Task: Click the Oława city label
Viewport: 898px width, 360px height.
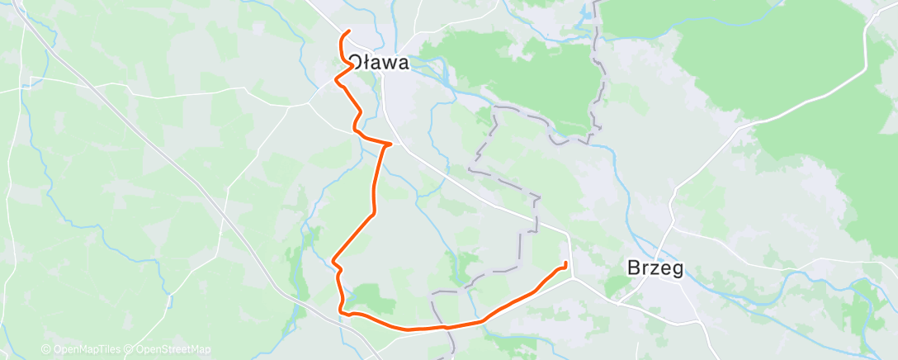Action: click(x=378, y=61)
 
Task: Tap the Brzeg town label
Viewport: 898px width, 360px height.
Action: click(x=655, y=269)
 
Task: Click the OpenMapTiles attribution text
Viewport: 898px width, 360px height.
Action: click(x=85, y=349)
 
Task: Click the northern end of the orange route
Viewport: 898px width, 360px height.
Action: click(x=349, y=31)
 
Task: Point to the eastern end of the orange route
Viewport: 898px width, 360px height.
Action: click(x=565, y=263)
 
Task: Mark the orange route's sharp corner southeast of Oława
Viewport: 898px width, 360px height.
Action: click(x=389, y=144)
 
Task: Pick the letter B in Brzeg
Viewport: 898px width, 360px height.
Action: click(x=633, y=269)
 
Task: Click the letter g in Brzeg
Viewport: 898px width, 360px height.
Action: click(x=678, y=271)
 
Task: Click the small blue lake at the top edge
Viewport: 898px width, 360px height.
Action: click(x=587, y=13)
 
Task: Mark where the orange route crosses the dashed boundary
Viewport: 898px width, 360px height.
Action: click(x=447, y=327)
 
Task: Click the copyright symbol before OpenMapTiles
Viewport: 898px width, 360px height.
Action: click(x=46, y=349)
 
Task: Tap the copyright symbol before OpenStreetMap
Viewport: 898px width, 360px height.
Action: click(x=130, y=349)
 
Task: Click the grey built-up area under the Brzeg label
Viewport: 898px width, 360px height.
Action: click(x=660, y=297)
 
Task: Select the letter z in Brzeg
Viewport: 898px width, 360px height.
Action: click(x=653, y=270)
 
